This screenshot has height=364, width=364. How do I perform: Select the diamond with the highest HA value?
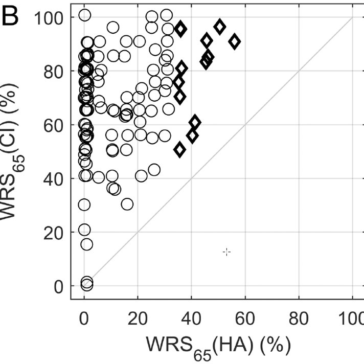(x=235, y=41)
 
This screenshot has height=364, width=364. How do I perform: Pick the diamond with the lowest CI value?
(x=179, y=150)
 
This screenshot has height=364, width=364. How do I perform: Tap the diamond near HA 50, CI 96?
(x=220, y=27)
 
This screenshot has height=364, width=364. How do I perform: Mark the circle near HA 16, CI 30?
(x=127, y=204)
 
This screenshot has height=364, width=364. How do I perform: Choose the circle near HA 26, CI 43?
(x=154, y=170)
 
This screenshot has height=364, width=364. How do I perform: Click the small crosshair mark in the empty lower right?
(x=227, y=252)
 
